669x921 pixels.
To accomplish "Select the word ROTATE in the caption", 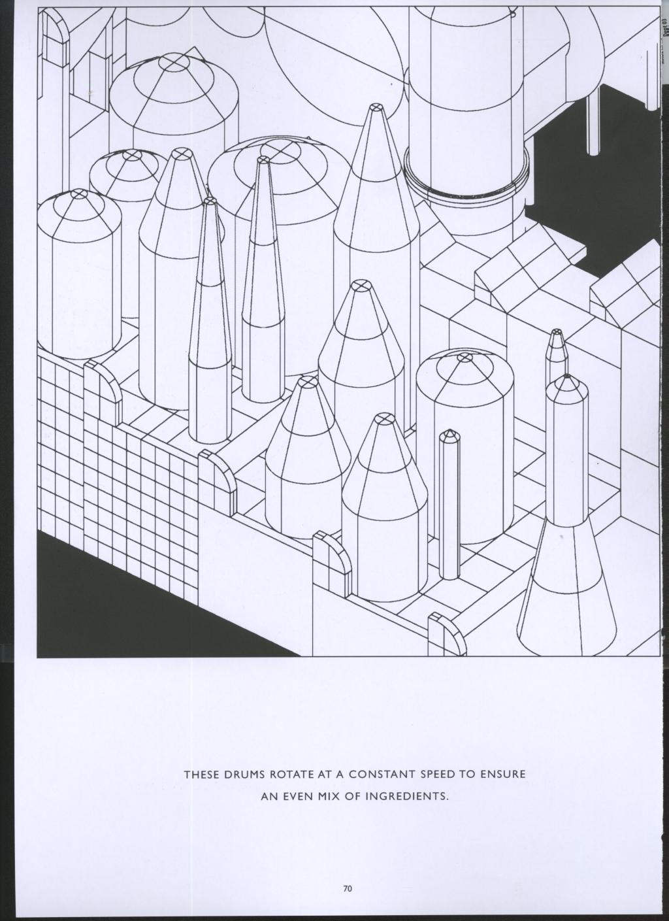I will pos(289,775).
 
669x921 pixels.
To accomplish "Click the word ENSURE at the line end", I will pos(503,775).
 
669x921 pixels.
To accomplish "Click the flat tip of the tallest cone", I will pos(376,107).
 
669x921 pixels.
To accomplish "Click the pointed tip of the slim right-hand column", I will pos(566,378).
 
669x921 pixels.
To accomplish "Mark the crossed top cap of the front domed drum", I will pos(464,358).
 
